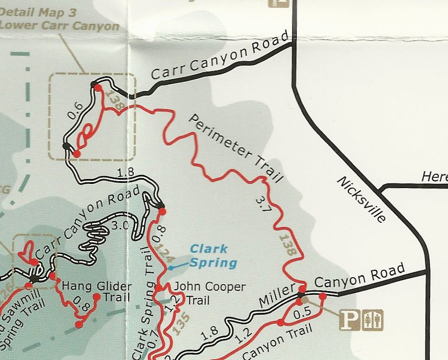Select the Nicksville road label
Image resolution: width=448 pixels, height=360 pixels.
click(361, 200)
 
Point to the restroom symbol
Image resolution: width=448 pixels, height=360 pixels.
click(372, 320)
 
